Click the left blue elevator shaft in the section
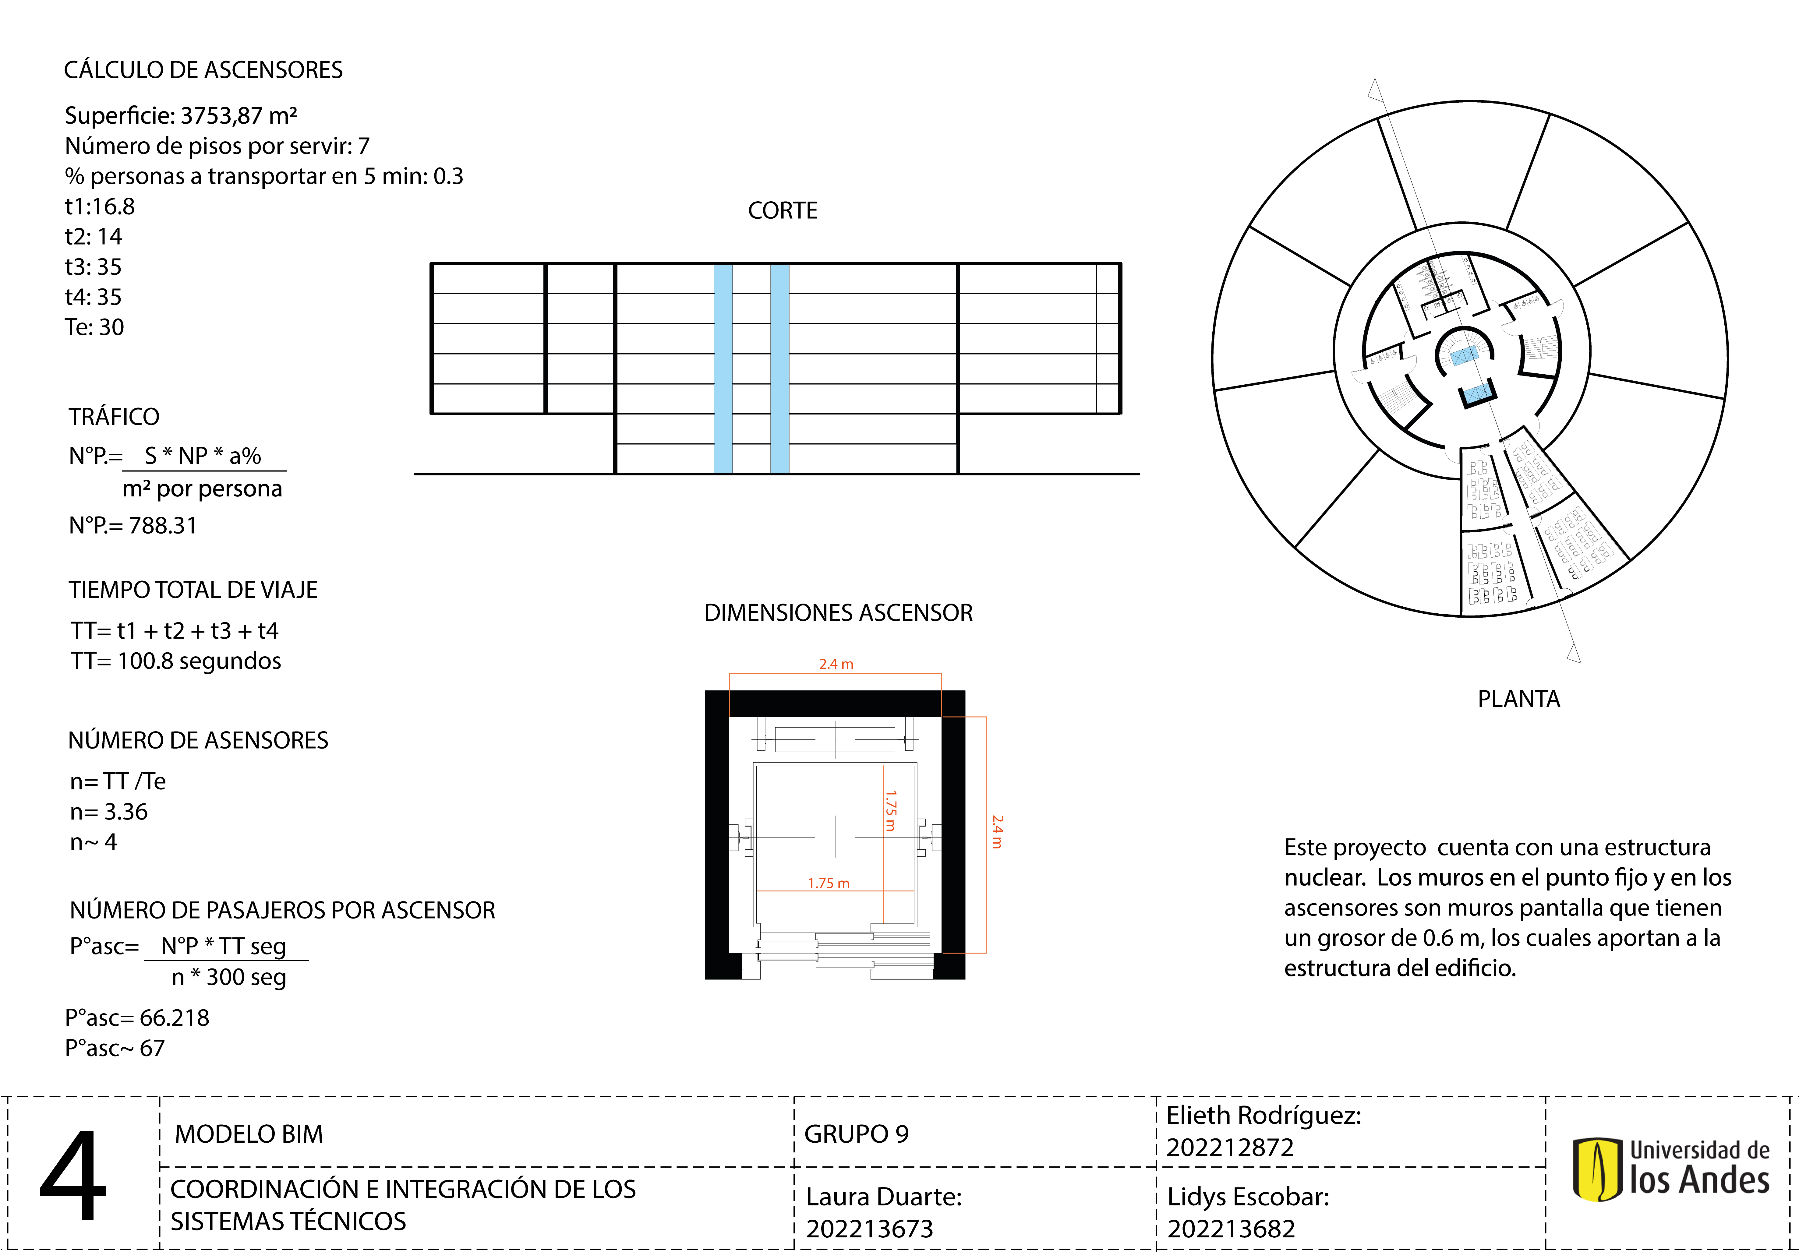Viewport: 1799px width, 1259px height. [723, 368]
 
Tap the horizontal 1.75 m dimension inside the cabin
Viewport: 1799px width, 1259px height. [828, 883]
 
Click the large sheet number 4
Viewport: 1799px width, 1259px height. [73, 1175]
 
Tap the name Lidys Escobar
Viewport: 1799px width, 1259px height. [1247, 1196]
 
